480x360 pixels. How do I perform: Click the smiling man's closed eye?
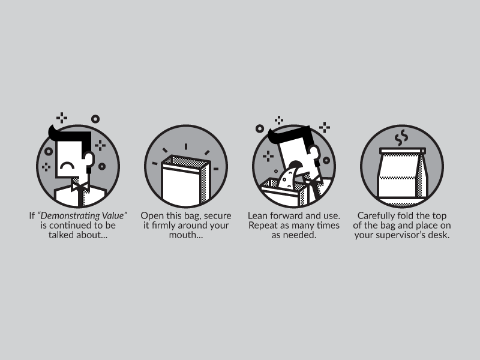[67, 166]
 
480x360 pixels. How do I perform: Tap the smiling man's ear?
[88, 159]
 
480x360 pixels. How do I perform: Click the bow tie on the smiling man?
[80, 187]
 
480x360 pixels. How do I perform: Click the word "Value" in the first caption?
[113, 215]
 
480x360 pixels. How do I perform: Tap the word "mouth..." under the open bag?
[186, 235]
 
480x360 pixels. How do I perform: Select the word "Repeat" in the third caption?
[261, 226]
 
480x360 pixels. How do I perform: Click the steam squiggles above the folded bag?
[401, 138]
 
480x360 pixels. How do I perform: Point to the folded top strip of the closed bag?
[402, 151]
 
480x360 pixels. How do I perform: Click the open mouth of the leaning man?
[296, 164]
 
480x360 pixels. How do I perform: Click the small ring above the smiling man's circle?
[95, 119]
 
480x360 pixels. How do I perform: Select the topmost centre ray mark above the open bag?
[186, 146]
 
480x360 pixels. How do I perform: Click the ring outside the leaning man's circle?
[260, 128]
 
